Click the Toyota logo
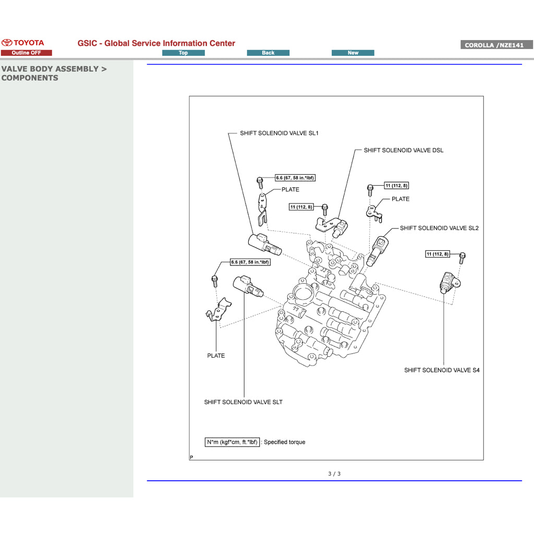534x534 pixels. coord(23,43)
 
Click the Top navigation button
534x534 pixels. coord(183,53)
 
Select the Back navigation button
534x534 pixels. coord(268,53)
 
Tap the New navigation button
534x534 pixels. coord(353,53)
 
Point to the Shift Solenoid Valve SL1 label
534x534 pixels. coord(279,133)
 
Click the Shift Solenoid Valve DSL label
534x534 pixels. coord(403,150)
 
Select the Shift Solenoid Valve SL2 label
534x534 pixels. coord(439,228)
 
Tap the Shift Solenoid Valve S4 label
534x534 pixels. coord(442,370)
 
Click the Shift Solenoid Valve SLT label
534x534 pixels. coord(243,402)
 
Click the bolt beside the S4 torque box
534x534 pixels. coord(462,257)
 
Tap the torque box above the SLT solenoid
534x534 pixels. coord(250,262)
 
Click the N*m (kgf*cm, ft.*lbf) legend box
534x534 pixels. coord(232,442)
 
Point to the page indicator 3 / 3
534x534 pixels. coord(334,474)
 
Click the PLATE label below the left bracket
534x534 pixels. coord(216,356)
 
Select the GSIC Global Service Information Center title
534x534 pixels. coord(156,43)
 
